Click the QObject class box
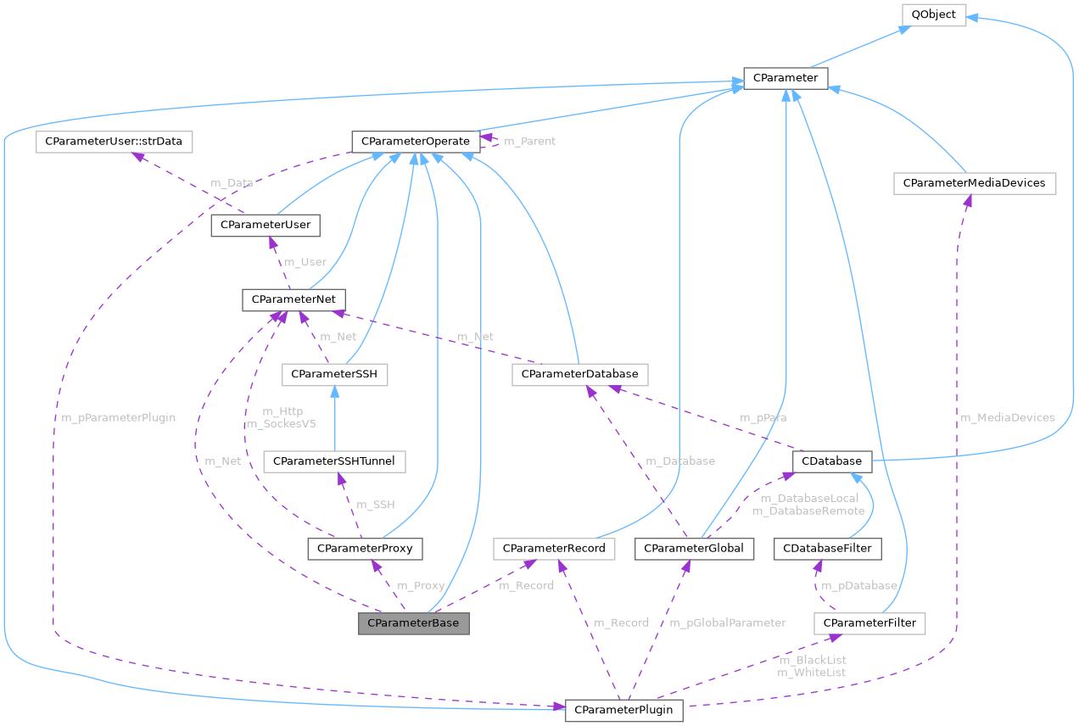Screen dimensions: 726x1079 (933, 14)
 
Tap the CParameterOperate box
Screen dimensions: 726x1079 (415, 141)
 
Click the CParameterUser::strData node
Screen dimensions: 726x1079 (114, 141)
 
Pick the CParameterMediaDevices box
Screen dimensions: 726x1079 (974, 182)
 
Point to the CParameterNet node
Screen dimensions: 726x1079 (294, 299)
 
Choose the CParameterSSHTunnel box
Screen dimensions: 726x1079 (334, 461)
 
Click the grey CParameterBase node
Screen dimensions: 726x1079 (413, 623)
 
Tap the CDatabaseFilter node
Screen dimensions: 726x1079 (828, 549)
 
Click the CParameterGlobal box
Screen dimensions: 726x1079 (694, 549)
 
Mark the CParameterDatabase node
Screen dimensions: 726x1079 (580, 373)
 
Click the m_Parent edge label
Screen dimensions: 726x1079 (529, 141)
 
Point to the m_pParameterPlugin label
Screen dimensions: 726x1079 (119, 417)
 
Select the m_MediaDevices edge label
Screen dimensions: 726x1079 (1007, 417)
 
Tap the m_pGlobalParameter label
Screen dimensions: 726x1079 (728, 623)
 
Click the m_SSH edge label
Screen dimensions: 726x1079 (375, 505)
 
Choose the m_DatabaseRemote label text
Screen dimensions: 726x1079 (808, 511)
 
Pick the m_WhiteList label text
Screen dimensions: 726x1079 (812, 672)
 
